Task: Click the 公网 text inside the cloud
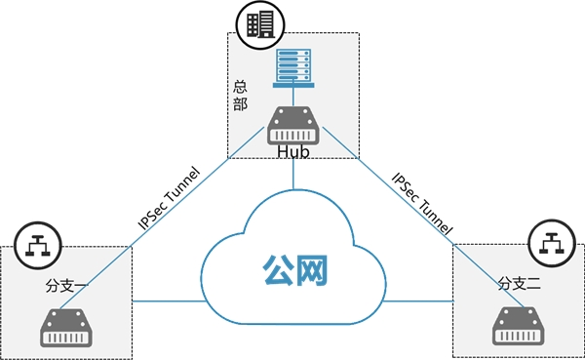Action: coord(295,270)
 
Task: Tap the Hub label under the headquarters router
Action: coord(293,152)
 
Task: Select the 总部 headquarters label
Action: coord(240,96)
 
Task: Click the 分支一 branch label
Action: coord(66,286)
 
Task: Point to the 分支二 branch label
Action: coord(519,284)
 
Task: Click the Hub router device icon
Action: coord(293,126)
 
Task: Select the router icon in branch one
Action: coord(66,328)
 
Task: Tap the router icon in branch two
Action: coord(519,326)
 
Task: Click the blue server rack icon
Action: coord(293,68)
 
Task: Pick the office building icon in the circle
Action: coord(260,25)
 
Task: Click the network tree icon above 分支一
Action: coord(38,245)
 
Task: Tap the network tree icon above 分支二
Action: coord(553,243)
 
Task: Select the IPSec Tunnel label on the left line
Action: coord(169,198)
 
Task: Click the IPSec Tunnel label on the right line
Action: coord(422,204)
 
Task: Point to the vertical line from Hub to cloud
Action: coord(293,174)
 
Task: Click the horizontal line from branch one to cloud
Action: coord(170,301)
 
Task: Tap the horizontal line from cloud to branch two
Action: coord(418,301)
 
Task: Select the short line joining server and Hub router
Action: coord(293,98)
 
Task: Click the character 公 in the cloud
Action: coord(278,270)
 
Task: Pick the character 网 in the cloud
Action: coord(312,270)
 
